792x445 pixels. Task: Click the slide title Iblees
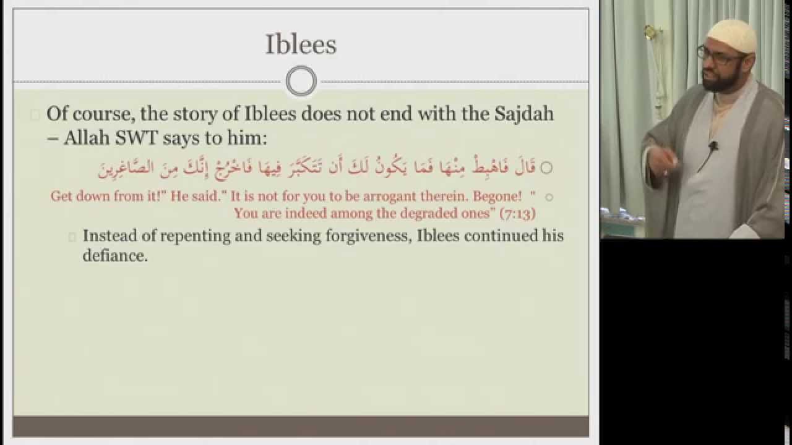tap(301, 45)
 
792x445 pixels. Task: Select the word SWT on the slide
tap(137, 137)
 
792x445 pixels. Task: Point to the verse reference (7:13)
tap(518, 214)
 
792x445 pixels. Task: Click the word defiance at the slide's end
tap(115, 255)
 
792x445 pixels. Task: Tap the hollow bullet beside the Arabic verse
tap(546, 167)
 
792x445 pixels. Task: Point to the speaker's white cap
tap(732, 36)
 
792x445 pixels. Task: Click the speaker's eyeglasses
tap(720, 56)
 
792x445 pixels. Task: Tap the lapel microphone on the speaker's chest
tap(713, 145)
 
